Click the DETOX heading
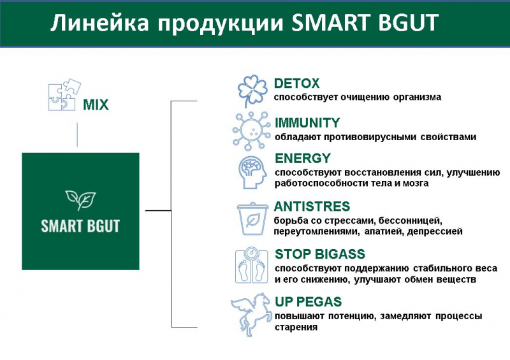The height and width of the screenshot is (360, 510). pos(296,83)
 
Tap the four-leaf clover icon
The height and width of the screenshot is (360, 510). pos(252,91)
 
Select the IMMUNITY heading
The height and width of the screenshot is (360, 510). pos(307,123)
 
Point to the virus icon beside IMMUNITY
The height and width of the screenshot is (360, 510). pos(251,131)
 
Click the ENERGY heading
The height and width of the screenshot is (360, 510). pos(303,159)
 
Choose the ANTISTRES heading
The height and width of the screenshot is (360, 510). pos(312,206)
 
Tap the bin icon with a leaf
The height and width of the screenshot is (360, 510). pos(252,219)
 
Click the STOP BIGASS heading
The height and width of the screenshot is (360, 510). pos(320,254)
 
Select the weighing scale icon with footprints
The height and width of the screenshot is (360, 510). pos(251,265)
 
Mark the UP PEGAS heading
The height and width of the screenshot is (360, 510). pos(309,301)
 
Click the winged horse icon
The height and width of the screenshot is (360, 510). pos(251,314)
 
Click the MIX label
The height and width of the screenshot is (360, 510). pos(96,104)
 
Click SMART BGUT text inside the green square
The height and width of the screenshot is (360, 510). pos(80,226)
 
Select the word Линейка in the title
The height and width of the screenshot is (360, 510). pos(100,23)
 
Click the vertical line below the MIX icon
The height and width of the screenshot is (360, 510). pos(77,134)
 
